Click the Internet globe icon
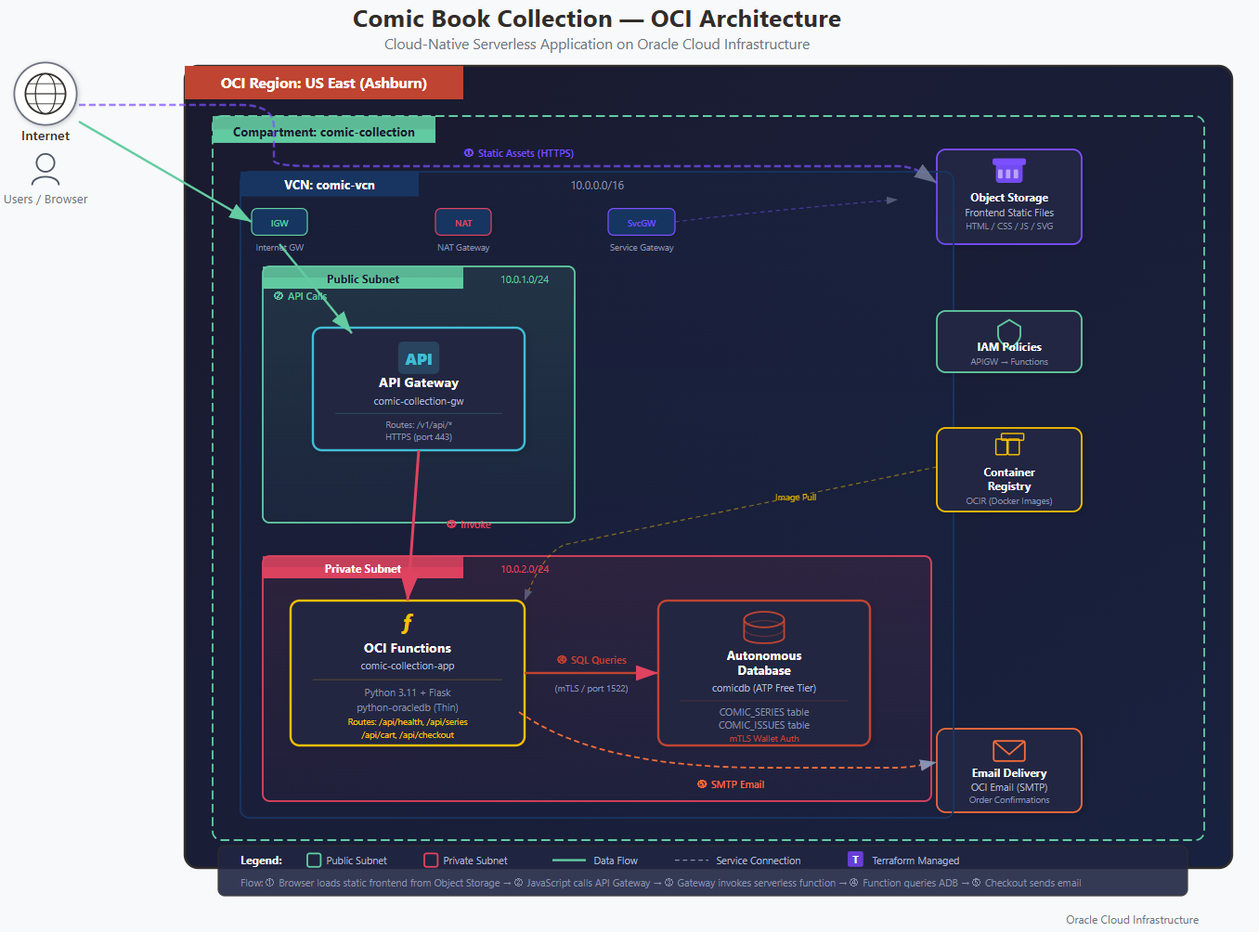[x=45, y=94]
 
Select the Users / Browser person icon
[x=45, y=169]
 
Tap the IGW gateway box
[x=279, y=223]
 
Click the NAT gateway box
[x=463, y=223]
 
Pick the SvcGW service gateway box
[x=642, y=223]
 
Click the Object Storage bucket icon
[x=1009, y=171]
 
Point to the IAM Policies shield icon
[x=1009, y=331]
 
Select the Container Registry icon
[x=1009, y=445]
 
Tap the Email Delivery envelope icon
[x=1009, y=750]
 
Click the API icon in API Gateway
[x=419, y=358]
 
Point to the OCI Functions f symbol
[x=407, y=624]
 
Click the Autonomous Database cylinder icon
[x=764, y=628]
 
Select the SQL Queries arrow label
[x=592, y=660]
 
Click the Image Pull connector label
[x=796, y=498]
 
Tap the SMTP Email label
[x=732, y=784]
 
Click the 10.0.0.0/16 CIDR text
[x=597, y=186]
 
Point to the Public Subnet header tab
[x=363, y=278]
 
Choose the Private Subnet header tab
[x=363, y=568]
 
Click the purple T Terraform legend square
[x=855, y=860]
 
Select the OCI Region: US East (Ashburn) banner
[x=324, y=84]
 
